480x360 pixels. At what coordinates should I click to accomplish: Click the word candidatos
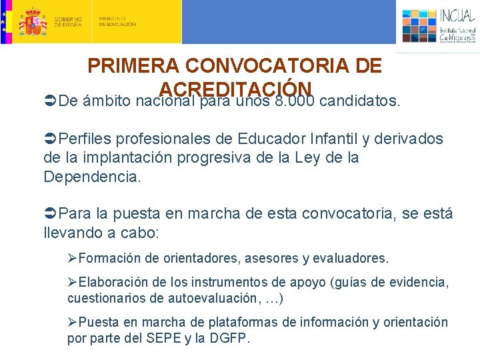(360, 102)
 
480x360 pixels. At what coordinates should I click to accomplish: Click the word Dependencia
(92, 177)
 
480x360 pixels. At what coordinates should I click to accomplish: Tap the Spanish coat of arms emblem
(31, 21)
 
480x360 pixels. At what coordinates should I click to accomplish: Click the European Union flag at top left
(4, 21)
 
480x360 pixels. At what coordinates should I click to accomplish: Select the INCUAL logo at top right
(439, 25)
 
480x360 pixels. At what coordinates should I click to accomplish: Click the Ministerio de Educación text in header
(117, 22)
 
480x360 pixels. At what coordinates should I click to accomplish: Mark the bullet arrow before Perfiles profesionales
(50, 139)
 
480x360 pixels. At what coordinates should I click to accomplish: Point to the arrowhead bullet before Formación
(73, 258)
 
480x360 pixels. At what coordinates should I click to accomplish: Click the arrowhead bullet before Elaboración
(73, 283)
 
